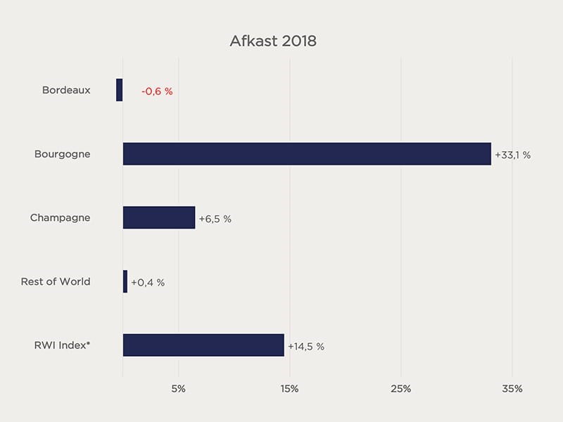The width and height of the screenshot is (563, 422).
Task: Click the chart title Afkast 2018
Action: tap(273, 41)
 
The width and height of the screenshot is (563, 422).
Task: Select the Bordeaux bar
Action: tap(120, 90)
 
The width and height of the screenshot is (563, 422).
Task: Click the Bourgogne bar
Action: tap(307, 154)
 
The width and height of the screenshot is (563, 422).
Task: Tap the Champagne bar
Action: tap(159, 217)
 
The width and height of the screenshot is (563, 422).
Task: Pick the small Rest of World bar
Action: tap(125, 281)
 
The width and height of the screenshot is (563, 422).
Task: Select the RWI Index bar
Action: tap(203, 345)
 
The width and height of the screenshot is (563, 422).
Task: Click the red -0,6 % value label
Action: tap(157, 91)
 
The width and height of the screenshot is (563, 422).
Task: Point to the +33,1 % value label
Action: tap(512, 155)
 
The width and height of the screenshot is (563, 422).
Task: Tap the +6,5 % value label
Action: tap(215, 219)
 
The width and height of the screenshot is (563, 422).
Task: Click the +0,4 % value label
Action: tap(148, 283)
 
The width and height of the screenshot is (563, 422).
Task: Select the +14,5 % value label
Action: tap(305, 346)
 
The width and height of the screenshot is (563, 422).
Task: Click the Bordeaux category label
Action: tap(66, 90)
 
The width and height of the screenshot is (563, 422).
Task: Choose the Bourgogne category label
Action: tap(62, 154)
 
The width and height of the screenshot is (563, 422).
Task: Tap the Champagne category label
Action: tap(60, 217)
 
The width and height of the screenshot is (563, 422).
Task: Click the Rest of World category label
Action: tap(56, 281)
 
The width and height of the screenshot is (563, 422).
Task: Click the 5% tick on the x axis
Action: tap(179, 389)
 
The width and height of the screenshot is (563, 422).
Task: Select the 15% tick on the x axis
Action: tap(289, 389)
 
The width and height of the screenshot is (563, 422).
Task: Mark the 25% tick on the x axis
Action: tap(400, 389)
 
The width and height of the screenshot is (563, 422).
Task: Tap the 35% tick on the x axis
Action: tap(512, 389)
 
